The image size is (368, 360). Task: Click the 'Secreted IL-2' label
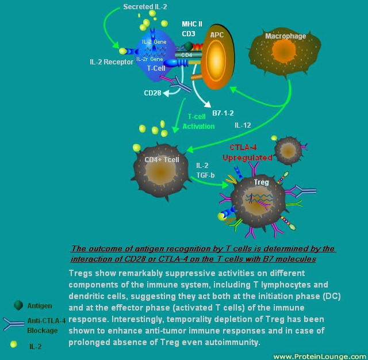146,6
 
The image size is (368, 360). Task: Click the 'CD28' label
152,93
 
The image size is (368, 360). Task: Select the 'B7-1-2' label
223,113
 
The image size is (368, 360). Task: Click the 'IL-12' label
243,125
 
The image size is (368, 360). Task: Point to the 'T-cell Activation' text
194,121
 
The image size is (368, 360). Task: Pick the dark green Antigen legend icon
18,305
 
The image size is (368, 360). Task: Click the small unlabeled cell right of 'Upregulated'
287,150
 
